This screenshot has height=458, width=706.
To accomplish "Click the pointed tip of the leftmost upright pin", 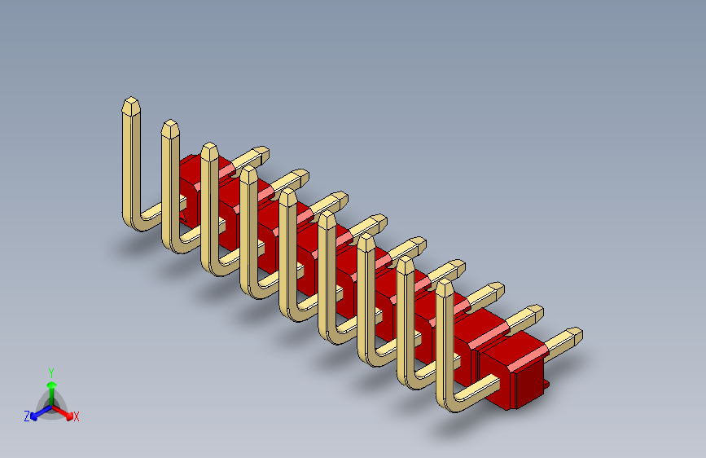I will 130,104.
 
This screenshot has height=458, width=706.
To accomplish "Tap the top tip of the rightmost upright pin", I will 445,288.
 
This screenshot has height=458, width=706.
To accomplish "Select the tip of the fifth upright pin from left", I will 287,196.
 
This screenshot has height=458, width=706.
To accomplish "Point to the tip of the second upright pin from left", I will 169,127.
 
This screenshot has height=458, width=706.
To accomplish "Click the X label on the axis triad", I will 77,417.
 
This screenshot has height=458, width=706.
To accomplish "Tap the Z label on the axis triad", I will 27,416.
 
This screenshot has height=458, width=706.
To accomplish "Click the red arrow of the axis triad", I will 64,411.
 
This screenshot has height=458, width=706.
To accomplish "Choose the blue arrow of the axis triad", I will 37,412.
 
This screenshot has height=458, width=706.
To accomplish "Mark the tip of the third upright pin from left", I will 209,150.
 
